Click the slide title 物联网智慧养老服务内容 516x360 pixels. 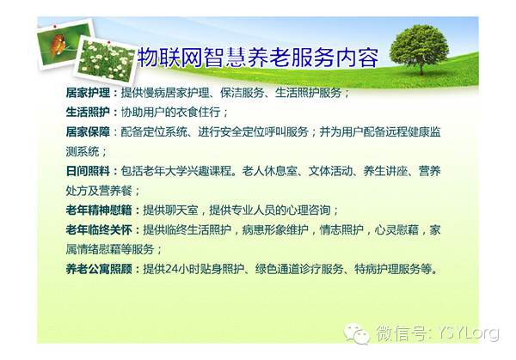(x=258, y=58)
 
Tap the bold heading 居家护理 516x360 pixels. (x=88, y=93)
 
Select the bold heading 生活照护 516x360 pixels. (x=88, y=112)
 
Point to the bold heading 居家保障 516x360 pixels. (x=88, y=131)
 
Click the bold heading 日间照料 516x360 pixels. (x=88, y=171)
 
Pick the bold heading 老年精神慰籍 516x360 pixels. (x=99, y=211)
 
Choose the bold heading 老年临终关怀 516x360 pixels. (x=99, y=229)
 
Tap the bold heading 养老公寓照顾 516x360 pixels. (x=99, y=269)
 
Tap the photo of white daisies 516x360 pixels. (x=106, y=60)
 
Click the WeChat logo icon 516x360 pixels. (x=357, y=333)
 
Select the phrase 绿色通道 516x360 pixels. (x=277, y=269)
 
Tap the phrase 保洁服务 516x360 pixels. (x=243, y=93)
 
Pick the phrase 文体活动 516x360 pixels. (x=330, y=171)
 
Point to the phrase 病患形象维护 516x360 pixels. (x=275, y=229)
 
